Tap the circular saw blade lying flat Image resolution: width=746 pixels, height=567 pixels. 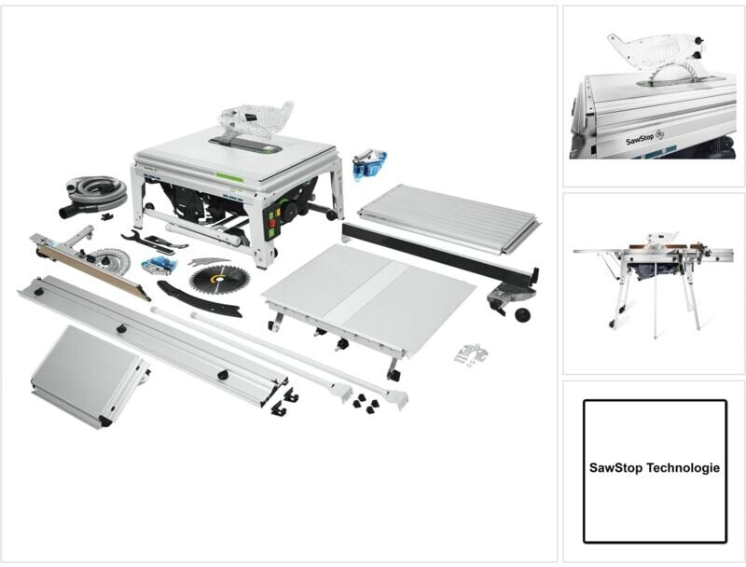point(213,278)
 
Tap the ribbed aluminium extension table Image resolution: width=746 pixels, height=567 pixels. point(447,217)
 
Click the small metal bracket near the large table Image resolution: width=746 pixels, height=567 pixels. point(470,354)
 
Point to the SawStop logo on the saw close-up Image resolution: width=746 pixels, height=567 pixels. point(644,137)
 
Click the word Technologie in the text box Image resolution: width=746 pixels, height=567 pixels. point(686,469)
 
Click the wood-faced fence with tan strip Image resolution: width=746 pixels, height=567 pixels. point(89,267)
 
